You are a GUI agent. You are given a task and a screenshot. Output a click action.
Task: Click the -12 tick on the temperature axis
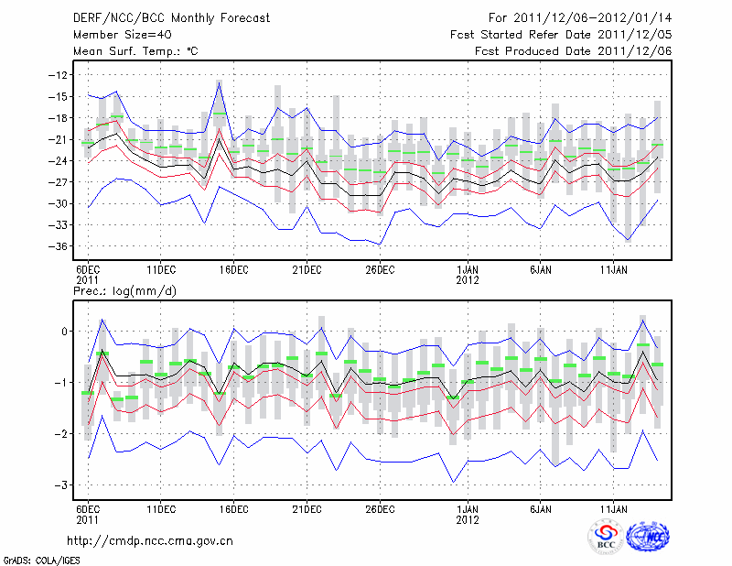point(59,75)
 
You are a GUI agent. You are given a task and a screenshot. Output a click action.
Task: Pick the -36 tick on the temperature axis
point(59,246)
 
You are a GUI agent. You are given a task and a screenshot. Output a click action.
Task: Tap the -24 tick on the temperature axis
point(59,161)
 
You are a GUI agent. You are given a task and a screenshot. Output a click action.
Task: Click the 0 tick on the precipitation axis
point(65,332)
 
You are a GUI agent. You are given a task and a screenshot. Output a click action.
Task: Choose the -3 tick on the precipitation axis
point(61,485)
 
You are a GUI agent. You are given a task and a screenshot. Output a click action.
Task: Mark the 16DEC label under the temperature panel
point(234,270)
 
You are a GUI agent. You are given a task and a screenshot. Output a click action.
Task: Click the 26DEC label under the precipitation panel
point(380,507)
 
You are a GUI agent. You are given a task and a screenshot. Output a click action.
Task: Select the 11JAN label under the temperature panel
point(614,270)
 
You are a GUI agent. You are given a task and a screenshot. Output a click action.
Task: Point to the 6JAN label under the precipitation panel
point(542,507)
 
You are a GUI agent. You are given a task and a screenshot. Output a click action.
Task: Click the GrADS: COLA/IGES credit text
point(38,559)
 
